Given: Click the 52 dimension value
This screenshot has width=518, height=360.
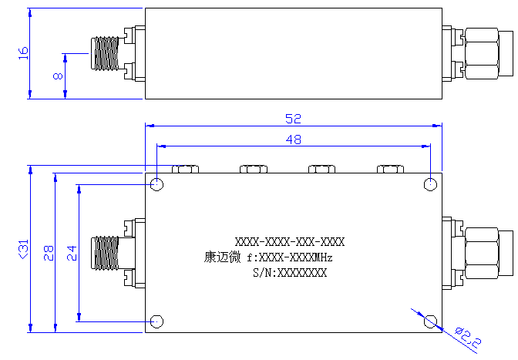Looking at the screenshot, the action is [x=294, y=119].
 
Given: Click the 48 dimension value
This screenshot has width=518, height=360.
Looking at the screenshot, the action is [x=294, y=140].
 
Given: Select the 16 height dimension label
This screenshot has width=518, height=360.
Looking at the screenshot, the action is [x=23, y=53].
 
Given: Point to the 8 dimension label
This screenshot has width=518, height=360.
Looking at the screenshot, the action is [x=58, y=76].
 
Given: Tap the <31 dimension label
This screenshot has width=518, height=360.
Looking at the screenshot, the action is [x=23, y=249].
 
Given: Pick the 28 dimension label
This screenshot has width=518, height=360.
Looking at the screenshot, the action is [x=49, y=253].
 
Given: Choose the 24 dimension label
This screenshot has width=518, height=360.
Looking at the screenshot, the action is [x=72, y=253].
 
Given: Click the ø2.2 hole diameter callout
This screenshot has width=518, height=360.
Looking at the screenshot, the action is [x=468, y=338].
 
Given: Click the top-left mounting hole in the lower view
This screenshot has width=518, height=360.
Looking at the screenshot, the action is [x=157, y=184].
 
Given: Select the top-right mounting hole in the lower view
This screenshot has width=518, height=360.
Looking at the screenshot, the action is [x=430, y=184].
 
